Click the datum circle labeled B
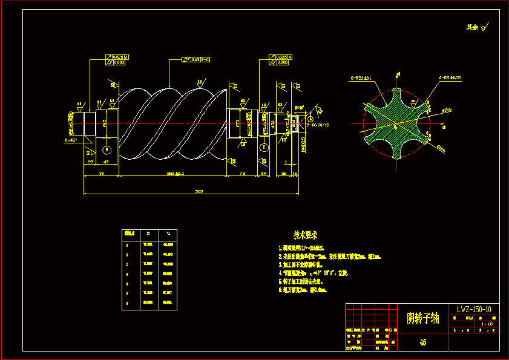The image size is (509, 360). [x=107, y=149]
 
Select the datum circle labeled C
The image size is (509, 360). [x=263, y=148]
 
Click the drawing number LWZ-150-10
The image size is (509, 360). [x=474, y=309]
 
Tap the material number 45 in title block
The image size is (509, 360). [x=422, y=342]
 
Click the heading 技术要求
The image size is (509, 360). [x=305, y=235]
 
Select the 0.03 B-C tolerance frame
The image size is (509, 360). [x=196, y=59]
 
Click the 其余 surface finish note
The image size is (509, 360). [x=476, y=27]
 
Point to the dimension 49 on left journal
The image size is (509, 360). [x=106, y=162]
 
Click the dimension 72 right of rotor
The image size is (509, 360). [x=242, y=173]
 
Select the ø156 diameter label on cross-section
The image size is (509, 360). [x=447, y=111]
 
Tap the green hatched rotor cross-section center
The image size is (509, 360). [x=395, y=124]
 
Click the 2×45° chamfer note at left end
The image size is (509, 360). [x=71, y=140]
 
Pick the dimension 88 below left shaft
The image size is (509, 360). [x=101, y=173]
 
